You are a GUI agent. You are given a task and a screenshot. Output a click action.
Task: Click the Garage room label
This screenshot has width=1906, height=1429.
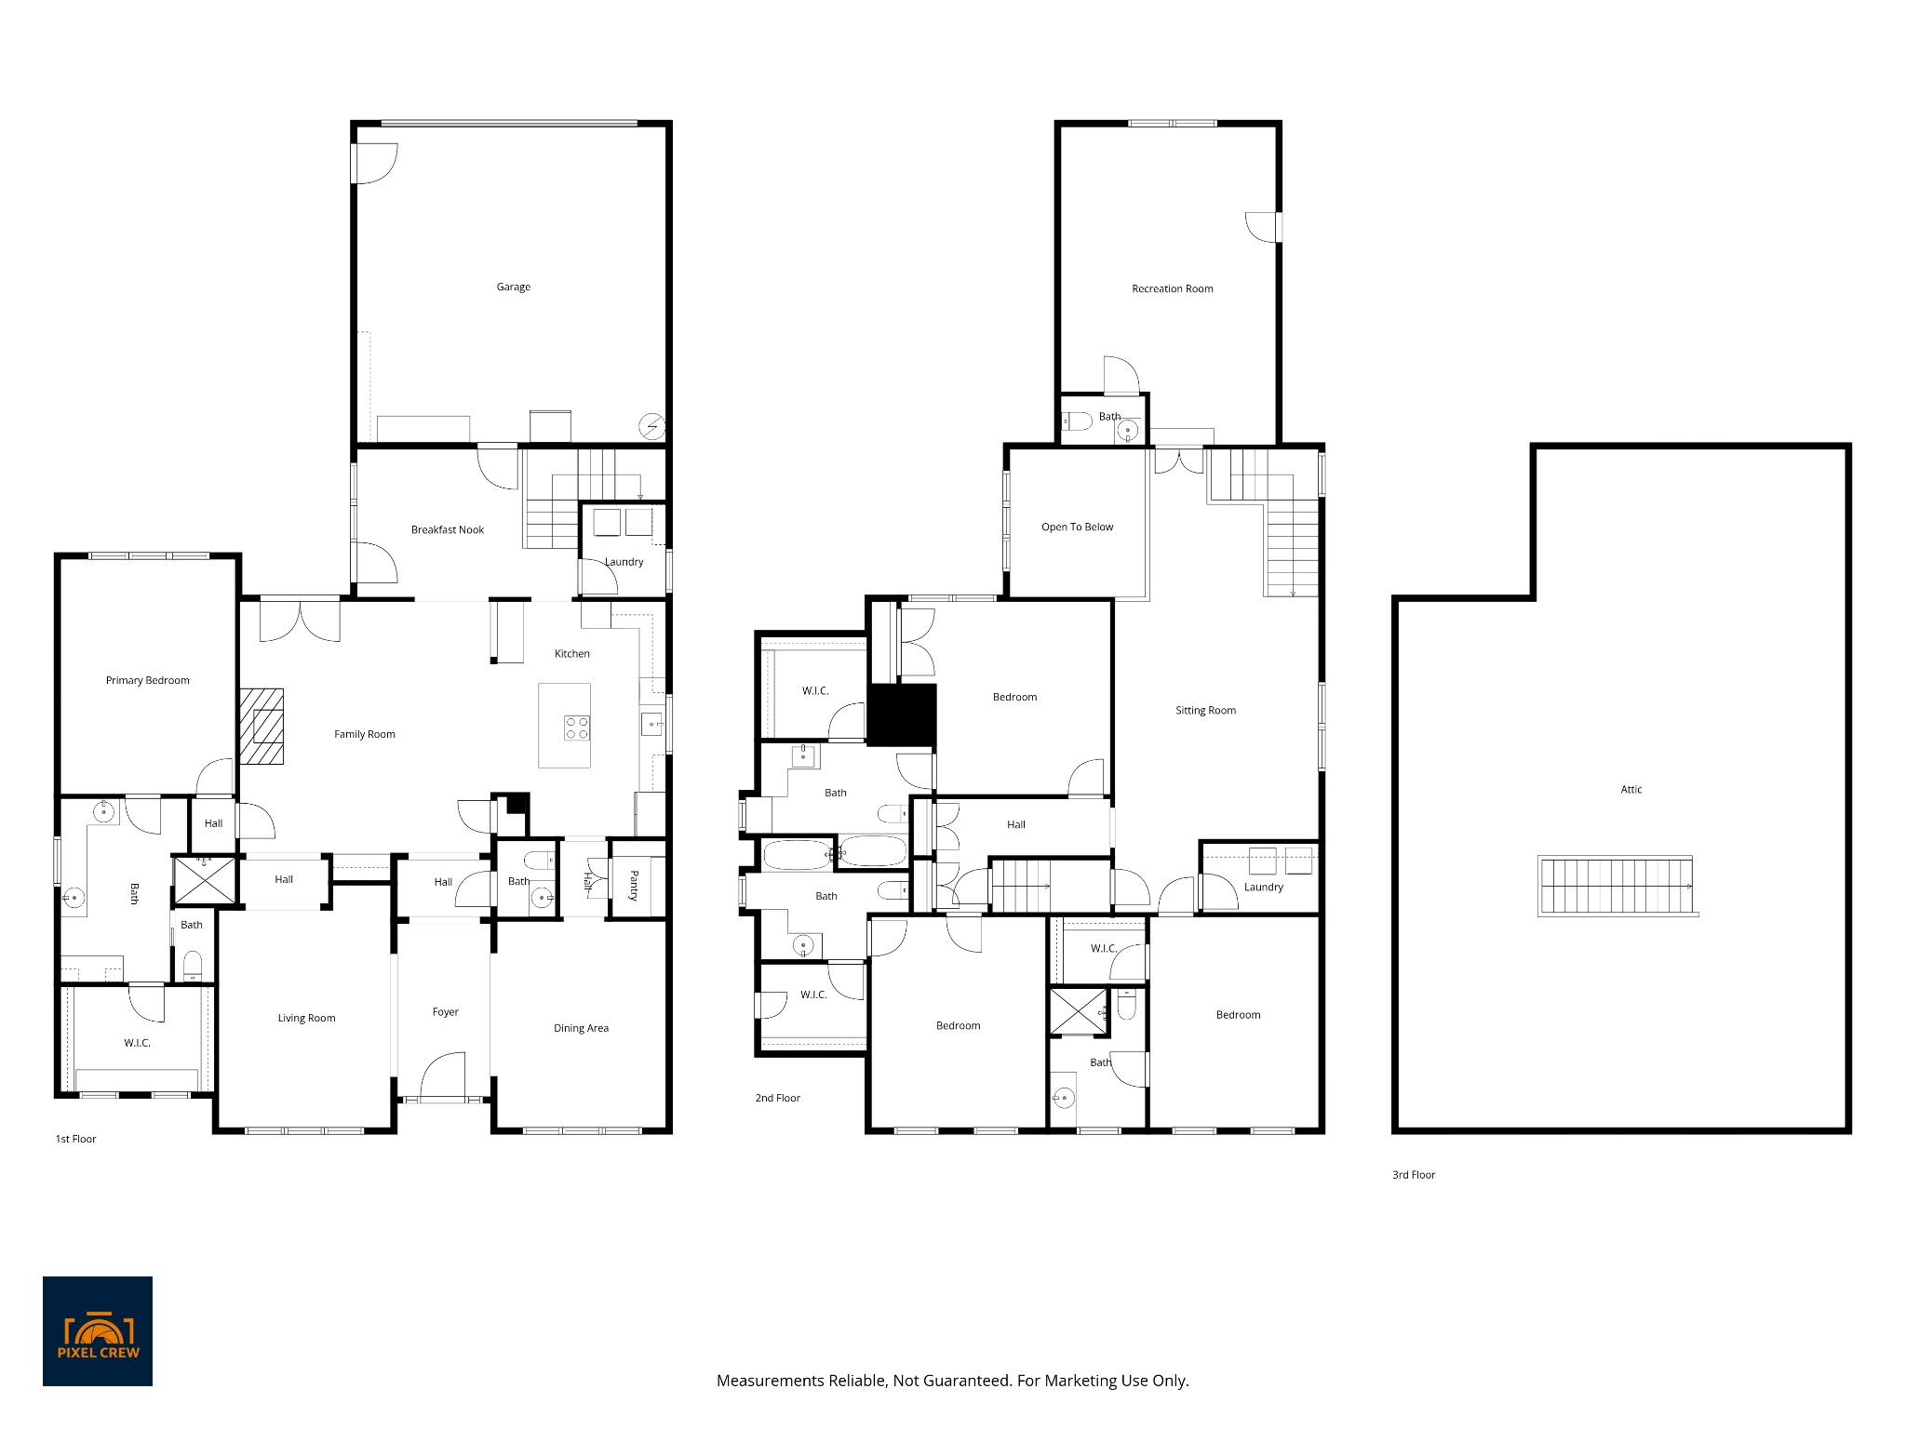tap(513, 287)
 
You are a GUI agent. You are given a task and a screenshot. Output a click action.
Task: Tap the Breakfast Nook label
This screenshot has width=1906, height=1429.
tap(448, 530)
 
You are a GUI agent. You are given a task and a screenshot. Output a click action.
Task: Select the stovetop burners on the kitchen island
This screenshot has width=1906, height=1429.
tap(576, 728)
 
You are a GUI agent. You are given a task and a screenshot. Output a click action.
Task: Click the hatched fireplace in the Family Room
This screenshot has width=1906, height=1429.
tap(262, 727)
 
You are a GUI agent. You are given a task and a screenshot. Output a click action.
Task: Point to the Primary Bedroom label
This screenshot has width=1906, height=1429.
tap(147, 681)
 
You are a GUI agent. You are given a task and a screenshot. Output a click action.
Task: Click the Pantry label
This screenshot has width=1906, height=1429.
tap(634, 885)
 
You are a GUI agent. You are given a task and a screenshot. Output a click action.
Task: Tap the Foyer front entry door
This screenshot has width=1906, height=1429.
tap(443, 1077)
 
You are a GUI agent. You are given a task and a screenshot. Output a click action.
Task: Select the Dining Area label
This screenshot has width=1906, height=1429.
tap(581, 1029)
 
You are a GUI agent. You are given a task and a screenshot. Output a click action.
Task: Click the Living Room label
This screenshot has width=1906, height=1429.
tap(306, 1019)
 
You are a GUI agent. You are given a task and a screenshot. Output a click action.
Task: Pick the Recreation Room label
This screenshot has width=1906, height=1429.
tap(1172, 289)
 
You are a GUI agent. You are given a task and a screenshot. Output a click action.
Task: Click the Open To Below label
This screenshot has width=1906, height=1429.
tap(1077, 528)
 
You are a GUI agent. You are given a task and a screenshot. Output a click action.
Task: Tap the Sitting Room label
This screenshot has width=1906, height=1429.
tap(1205, 711)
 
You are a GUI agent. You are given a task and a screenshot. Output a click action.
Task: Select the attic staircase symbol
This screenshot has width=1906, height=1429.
tap(1617, 887)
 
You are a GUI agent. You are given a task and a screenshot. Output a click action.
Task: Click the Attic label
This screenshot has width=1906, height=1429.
tap(1631, 790)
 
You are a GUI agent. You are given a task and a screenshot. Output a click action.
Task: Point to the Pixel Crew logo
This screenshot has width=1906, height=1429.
tap(98, 1331)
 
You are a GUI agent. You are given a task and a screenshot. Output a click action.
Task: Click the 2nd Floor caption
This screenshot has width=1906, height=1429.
tap(777, 1099)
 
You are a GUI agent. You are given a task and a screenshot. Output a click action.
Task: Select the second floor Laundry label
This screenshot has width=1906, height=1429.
tap(1263, 888)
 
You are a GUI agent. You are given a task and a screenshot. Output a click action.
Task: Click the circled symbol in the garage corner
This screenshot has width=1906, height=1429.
tap(651, 427)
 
